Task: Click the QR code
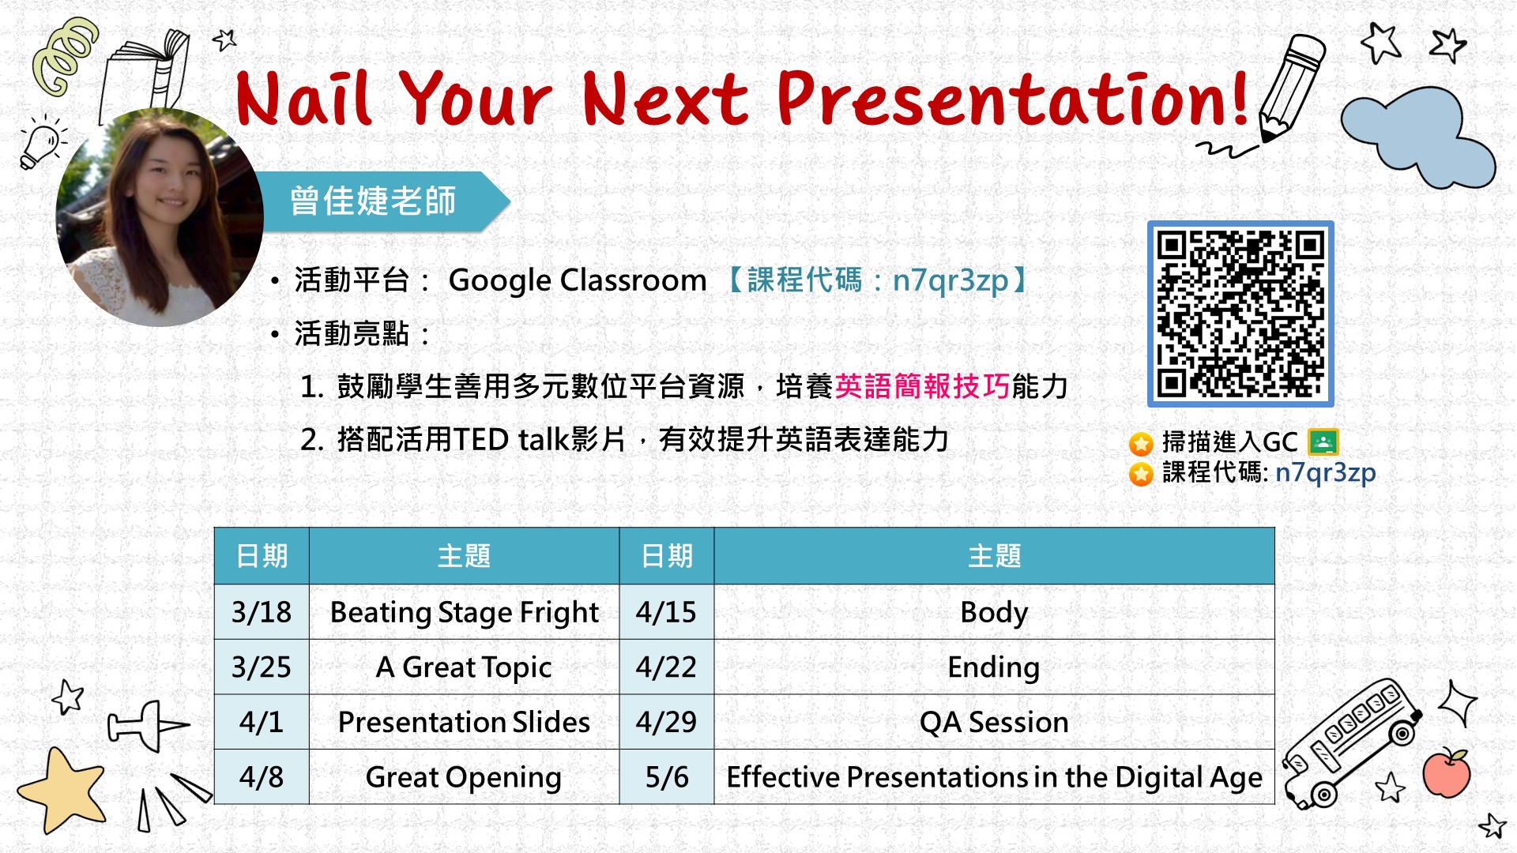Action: [x=1240, y=314]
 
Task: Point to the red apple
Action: [x=1447, y=772]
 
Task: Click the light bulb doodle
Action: [x=42, y=142]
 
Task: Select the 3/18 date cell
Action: [x=262, y=612]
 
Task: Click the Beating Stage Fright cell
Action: [x=464, y=612]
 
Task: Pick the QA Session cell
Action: [x=994, y=722]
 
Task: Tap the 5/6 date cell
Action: [x=667, y=777]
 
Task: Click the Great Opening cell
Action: [x=464, y=777]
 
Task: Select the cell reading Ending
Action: [x=994, y=667]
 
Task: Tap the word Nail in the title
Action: [x=304, y=99]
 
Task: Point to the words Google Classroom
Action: [x=578, y=280]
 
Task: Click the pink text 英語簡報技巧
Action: [x=922, y=386]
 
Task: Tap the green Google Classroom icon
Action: [x=1323, y=442]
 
